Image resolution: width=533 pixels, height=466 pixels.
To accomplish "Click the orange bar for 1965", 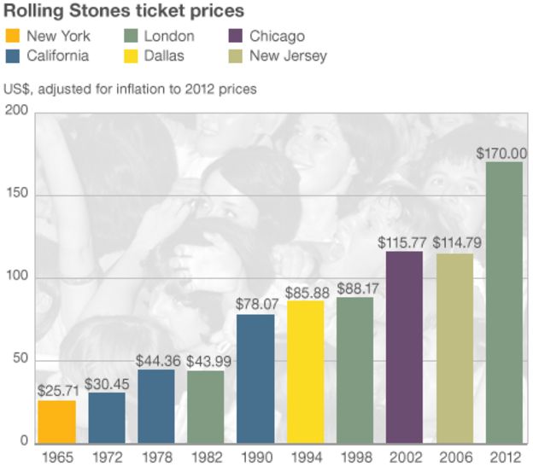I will pos(56,421).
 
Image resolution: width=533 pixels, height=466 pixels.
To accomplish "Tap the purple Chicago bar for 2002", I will pos(404,347).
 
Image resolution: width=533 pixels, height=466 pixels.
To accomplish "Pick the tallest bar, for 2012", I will pos(503,301).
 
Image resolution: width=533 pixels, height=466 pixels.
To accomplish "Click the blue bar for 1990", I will pos(255,378).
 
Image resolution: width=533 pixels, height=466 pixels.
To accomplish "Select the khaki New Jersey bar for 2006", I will pos(454,347).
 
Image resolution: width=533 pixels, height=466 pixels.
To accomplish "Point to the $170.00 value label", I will pos(503,154).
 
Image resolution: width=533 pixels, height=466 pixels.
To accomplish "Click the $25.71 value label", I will pos(57,391).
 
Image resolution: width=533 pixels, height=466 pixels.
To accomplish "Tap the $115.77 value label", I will pos(404,243).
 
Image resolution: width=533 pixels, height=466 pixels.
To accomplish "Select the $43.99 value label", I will pos(206,361).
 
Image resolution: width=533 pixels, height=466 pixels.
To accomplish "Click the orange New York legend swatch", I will pos(12,36).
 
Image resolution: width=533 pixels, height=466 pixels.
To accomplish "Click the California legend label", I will pos(58,56).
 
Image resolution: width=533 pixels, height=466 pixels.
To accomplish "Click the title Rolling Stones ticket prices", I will pos(125,11).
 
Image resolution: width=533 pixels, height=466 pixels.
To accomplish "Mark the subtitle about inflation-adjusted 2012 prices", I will pos(130,87).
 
